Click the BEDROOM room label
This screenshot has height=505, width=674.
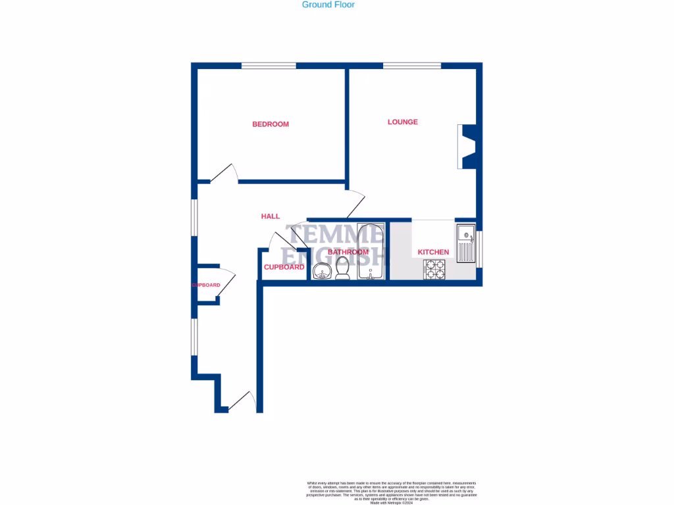271,124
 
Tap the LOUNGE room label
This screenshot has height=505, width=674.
402,122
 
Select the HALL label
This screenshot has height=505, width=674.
270,216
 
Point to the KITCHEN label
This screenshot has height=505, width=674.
433,252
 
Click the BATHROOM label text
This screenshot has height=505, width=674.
348,252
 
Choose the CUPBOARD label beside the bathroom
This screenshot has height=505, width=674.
284,267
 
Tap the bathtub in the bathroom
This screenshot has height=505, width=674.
370,252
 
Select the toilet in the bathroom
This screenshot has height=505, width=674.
342,268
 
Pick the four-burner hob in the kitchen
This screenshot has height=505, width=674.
434,270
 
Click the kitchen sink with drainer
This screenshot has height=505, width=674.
466,243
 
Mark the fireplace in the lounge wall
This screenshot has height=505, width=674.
468,146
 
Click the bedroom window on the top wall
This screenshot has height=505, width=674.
268,66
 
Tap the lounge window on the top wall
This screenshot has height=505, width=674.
412,66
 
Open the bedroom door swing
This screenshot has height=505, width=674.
224,174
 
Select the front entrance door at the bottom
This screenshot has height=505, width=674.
241,401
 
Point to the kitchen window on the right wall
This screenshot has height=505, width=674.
479,249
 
